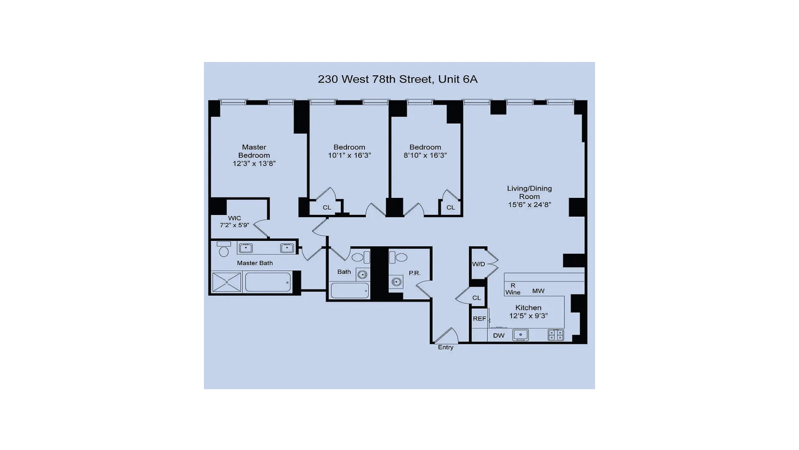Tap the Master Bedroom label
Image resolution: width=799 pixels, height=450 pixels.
254,151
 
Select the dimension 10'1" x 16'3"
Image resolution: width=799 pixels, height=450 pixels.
349,155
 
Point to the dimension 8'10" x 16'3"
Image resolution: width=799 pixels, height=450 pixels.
425,155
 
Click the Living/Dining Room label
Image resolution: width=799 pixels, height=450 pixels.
529,192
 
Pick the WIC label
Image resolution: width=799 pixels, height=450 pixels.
234,218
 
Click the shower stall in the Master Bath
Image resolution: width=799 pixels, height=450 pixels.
226,282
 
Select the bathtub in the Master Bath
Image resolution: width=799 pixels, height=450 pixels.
268,282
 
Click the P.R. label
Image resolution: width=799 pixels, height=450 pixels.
414,273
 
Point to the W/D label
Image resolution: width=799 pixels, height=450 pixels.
479,264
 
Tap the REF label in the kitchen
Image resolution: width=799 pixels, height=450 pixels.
479,319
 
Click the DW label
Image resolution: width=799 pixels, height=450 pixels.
499,335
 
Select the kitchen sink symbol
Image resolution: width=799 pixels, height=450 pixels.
520,335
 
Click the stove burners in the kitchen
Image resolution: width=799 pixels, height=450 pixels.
556,335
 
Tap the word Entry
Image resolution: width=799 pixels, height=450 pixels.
445,347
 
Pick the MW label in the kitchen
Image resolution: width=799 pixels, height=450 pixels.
538,291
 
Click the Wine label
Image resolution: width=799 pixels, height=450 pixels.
513,292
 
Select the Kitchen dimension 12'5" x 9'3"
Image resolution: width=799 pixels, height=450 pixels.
528,316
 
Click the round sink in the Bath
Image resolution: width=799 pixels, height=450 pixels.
362,275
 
